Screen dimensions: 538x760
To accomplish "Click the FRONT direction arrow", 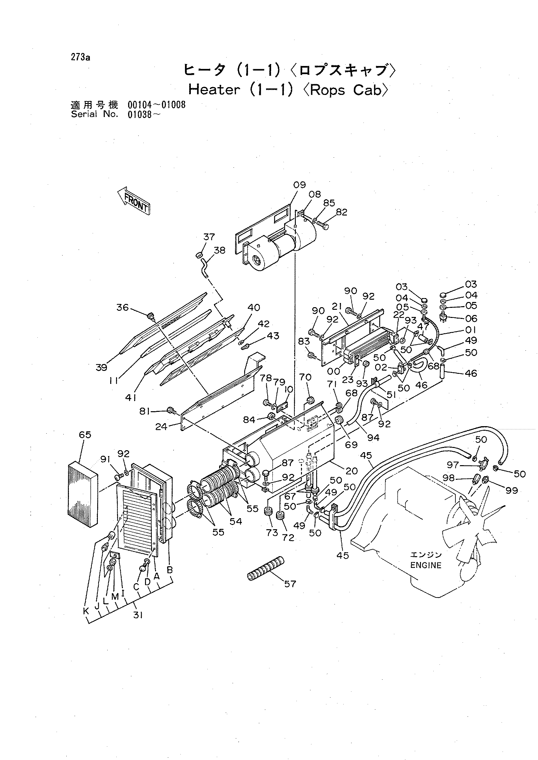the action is coord(134,201).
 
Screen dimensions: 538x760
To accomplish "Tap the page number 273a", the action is coord(80,58).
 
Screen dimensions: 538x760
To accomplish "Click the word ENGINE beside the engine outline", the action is coord(426,565).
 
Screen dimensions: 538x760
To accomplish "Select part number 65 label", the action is coord(85,435).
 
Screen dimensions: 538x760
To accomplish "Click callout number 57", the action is coord(290,584).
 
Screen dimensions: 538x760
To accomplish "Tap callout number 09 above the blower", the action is coord(299,185).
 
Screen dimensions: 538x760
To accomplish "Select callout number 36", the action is coord(122,308).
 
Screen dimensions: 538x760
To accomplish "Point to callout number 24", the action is coord(162,427).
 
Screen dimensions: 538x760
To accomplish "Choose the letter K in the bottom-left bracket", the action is coord(86,611).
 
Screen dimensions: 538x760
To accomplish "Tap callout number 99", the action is coord(511,490).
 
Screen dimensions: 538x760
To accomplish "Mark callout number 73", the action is coord(272,533).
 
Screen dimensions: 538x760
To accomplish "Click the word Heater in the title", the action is coord(214,89).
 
